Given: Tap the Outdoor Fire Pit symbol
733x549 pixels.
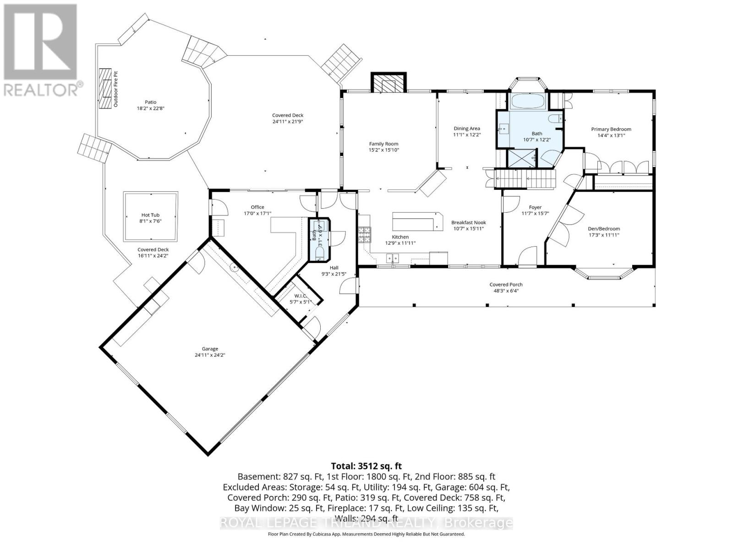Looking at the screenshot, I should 106,89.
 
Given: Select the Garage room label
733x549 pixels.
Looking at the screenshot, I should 210,349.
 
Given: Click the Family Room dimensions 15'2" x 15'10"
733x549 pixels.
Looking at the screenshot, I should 384,150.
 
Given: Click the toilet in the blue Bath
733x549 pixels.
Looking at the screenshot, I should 556,120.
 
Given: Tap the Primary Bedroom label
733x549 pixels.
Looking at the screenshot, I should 611,129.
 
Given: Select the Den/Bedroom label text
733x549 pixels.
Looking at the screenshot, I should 604,229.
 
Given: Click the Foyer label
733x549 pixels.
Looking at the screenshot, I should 535,207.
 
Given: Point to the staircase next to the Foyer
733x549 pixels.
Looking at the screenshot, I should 526,178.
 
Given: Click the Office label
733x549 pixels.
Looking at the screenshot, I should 257,207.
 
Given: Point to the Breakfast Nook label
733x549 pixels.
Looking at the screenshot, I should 468,222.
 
